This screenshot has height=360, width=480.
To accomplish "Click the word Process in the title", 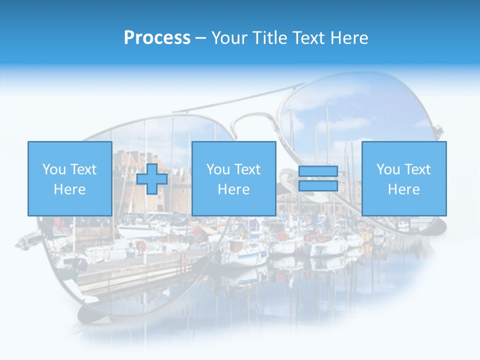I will pos(157,38).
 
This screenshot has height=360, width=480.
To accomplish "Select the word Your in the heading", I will pos(230,38).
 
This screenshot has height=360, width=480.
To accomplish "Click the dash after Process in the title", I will pos(200,38).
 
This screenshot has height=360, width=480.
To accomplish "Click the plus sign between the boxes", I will pos(152,179).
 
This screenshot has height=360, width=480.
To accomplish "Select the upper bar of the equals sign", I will pos(318,171).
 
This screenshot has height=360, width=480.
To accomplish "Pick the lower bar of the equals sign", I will pos(318,186).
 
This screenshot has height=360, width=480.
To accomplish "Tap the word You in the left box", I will pos(54,169).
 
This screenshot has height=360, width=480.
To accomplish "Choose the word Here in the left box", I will pos(69,189).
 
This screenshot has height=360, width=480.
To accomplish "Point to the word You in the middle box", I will pos(218,169).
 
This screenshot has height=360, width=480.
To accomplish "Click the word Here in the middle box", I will pos(233,189).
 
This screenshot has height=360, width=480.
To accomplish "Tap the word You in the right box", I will pos(388,169).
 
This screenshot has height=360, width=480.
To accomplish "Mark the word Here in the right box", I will pos(403,189).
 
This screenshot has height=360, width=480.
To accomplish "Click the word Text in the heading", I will pos(307,38).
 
